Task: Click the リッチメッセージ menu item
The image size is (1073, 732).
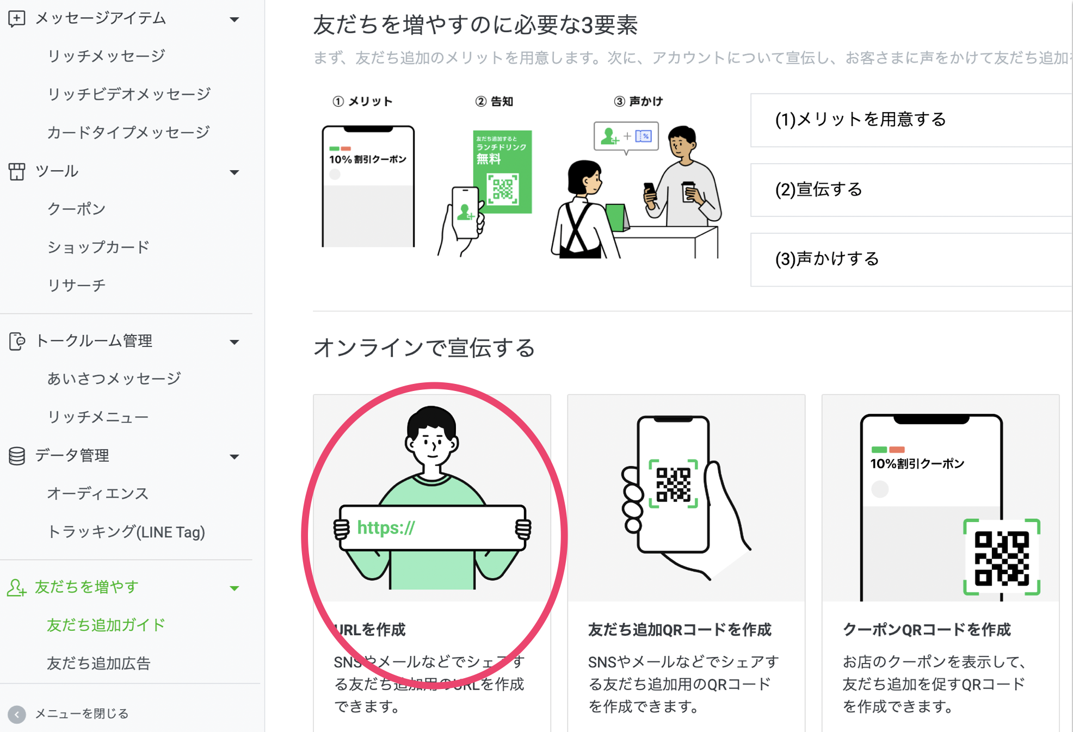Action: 106,56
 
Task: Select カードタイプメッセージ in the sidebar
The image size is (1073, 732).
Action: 128,132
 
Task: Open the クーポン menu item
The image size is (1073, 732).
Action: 76,209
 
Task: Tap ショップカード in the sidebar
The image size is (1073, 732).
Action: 98,247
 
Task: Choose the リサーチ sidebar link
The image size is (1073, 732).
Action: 76,285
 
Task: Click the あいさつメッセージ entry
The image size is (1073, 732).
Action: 114,379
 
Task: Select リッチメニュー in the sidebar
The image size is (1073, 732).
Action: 98,417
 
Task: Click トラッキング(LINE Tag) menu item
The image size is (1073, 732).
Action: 126,532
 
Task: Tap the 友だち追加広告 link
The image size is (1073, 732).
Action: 98,663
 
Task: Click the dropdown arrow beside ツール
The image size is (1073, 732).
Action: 235,172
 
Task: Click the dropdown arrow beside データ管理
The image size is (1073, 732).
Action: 235,457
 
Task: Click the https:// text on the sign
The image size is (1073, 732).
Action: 386,528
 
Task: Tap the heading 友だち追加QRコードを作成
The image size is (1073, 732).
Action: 680,630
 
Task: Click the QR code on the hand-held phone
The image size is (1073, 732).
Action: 673,483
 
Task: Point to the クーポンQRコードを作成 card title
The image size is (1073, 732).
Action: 927,630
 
